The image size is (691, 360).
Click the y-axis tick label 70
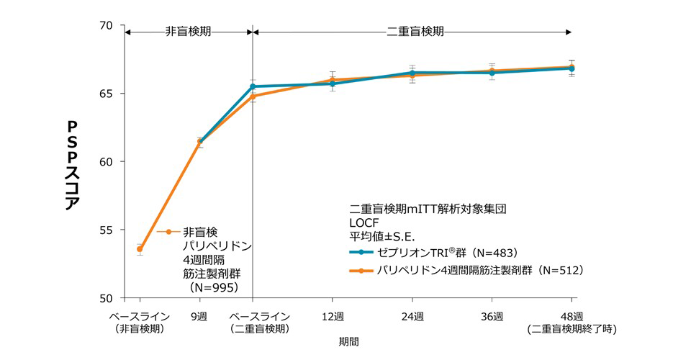(107, 26)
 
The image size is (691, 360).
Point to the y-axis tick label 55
(107, 230)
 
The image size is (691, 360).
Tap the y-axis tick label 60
(107, 162)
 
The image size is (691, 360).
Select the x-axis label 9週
(199, 316)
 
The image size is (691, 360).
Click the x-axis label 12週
(333, 316)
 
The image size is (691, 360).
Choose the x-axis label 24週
(412, 316)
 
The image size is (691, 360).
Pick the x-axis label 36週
(492, 316)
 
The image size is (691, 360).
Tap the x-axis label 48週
(572, 316)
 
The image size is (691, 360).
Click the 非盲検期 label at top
(188, 32)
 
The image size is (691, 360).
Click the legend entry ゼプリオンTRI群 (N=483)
(446, 253)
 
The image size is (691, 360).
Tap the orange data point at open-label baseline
(140, 249)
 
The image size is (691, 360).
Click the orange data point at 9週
(199, 143)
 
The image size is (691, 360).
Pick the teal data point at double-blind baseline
(253, 86)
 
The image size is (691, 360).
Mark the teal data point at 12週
(333, 84)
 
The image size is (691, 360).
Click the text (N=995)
(215, 286)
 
